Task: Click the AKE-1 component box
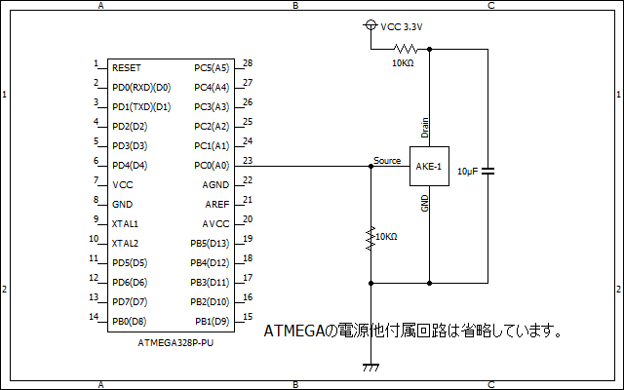tap(429, 167)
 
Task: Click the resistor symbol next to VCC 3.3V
tap(405, 48)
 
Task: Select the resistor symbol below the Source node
tap(370, 239)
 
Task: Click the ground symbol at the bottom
tap(370, 368)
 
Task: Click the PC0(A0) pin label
tap(212, 165)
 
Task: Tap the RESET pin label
tap(127, 68)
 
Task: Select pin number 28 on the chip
tap(248, 63)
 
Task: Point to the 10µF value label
tap(467, 172)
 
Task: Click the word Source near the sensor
tap(387, 160)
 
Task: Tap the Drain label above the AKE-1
tap(424, 127)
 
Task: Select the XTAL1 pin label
tap(126, 223)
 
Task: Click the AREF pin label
tap(216, 204)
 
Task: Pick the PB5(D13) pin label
tap(210, 243)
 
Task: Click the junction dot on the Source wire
tap(370, 166)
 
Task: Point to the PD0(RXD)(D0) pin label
tap(141, 88)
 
